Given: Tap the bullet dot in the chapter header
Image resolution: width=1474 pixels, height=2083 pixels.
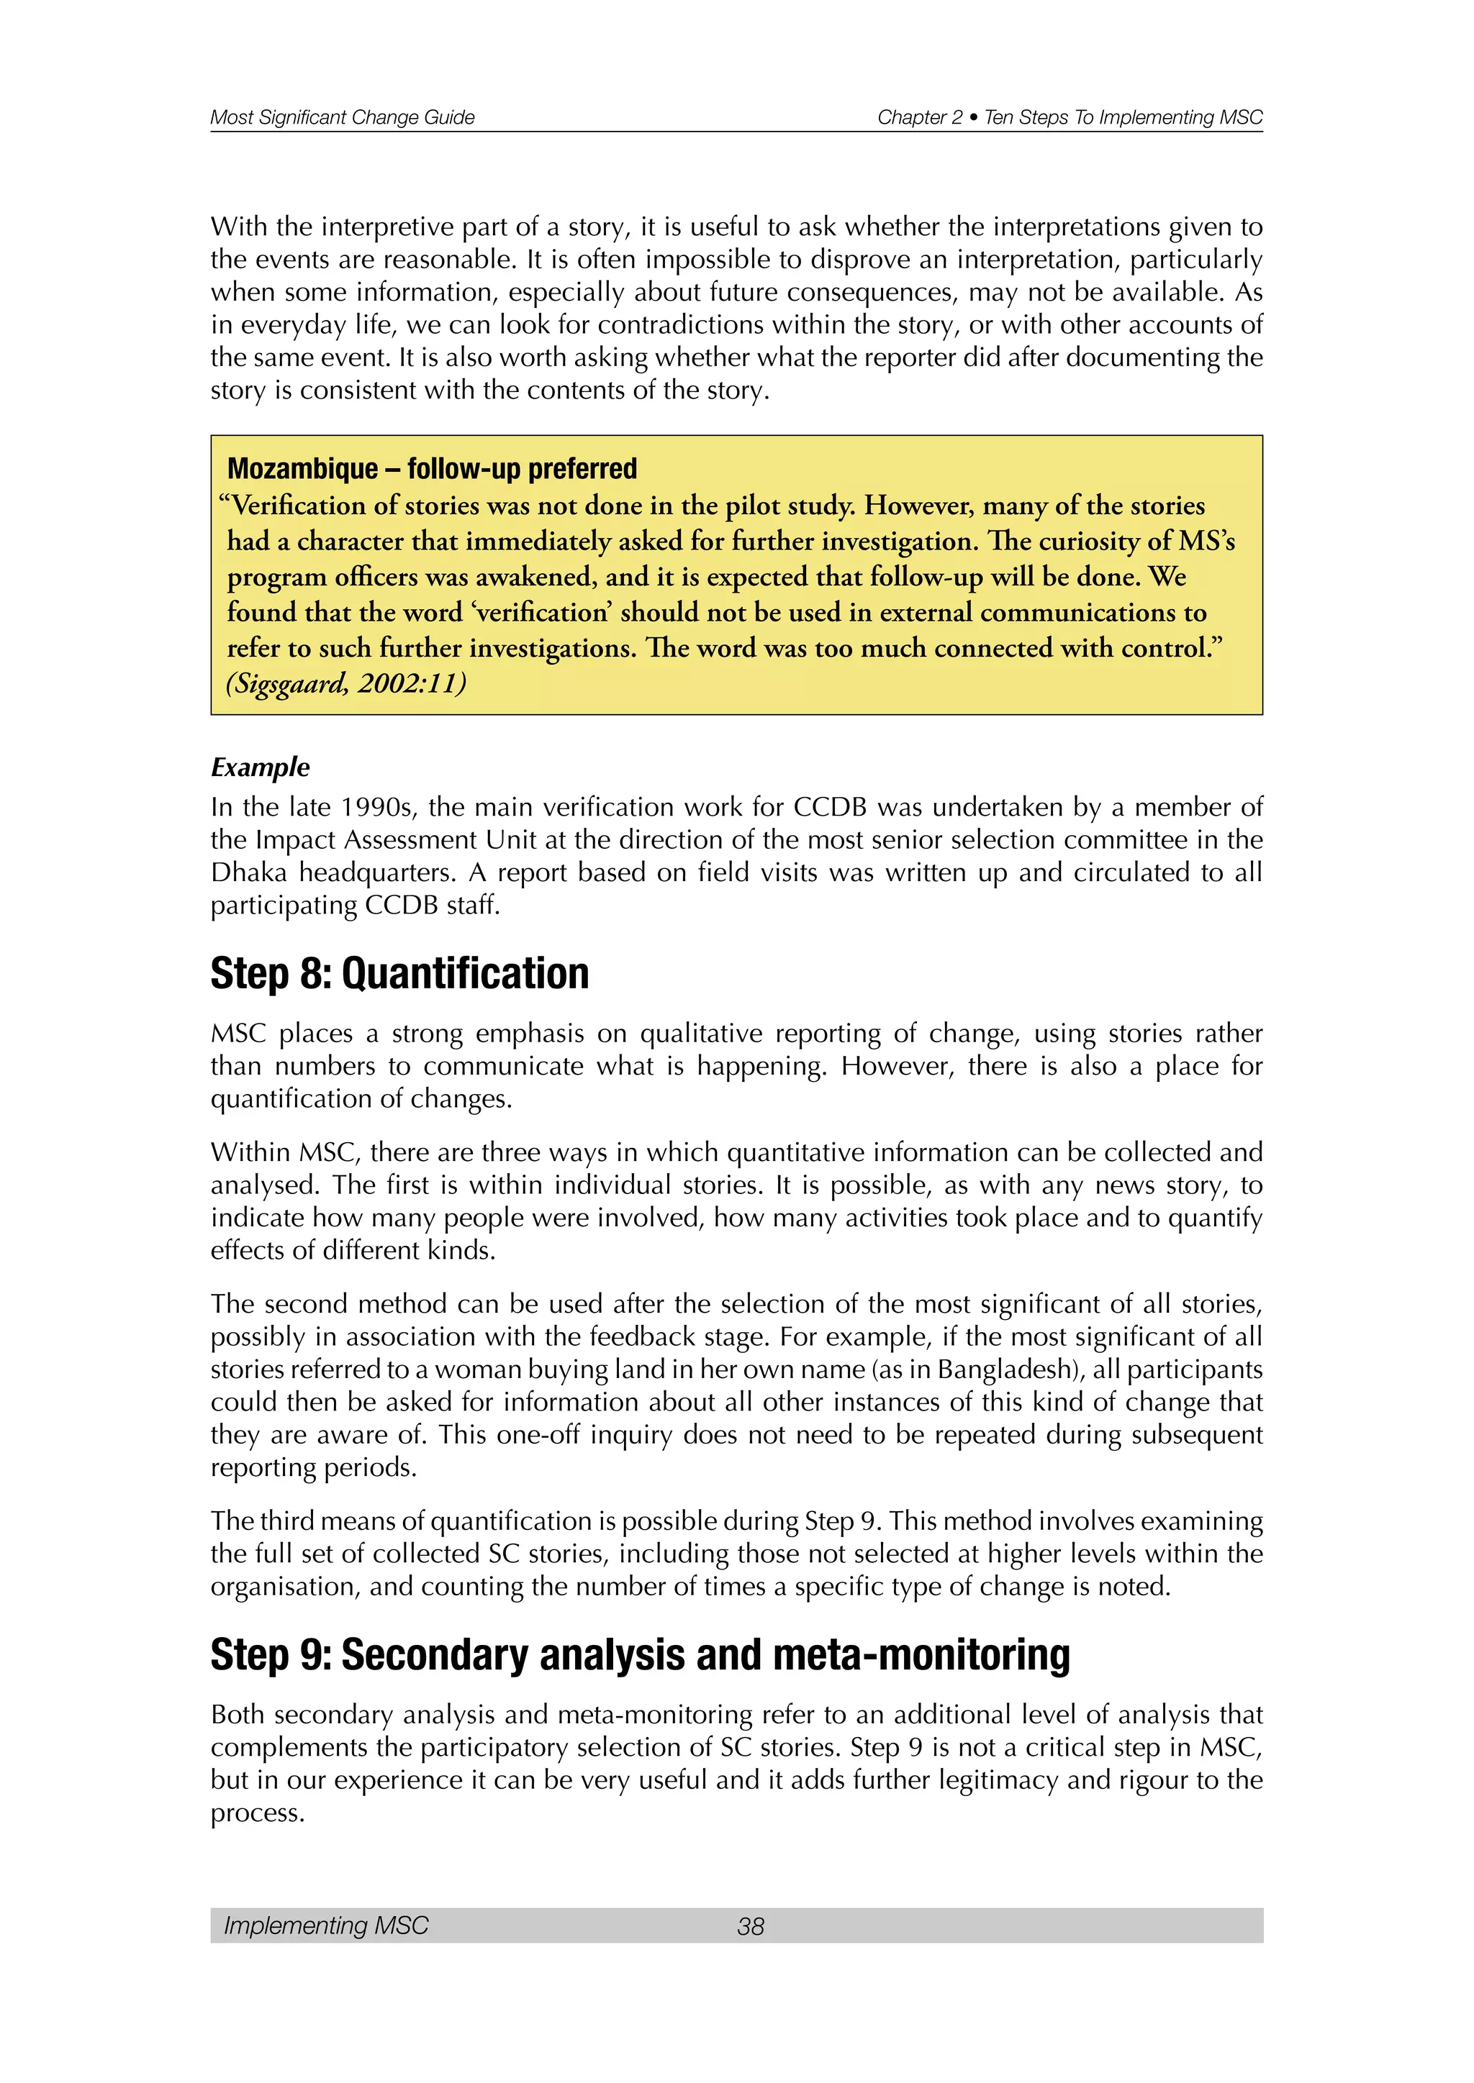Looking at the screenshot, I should pyautogui.click(x=973, y=118).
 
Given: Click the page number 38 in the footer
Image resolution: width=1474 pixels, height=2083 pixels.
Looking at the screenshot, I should pyautogui.click(x=751, y=1926).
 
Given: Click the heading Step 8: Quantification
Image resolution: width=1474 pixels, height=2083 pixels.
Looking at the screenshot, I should pyautogui.click(x=399, y=973).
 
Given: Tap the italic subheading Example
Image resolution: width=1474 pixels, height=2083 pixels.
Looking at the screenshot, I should pyautogui.click(x=261, y=767).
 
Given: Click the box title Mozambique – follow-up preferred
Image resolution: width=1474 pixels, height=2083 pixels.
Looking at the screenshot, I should pyautogui.click(x=432, y=469).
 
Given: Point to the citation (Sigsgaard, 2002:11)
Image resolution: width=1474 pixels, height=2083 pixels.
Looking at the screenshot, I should pyautogui.click(x=345, y=683).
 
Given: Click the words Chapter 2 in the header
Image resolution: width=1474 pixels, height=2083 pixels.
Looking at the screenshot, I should pyautogui.click(x=918, y=117).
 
